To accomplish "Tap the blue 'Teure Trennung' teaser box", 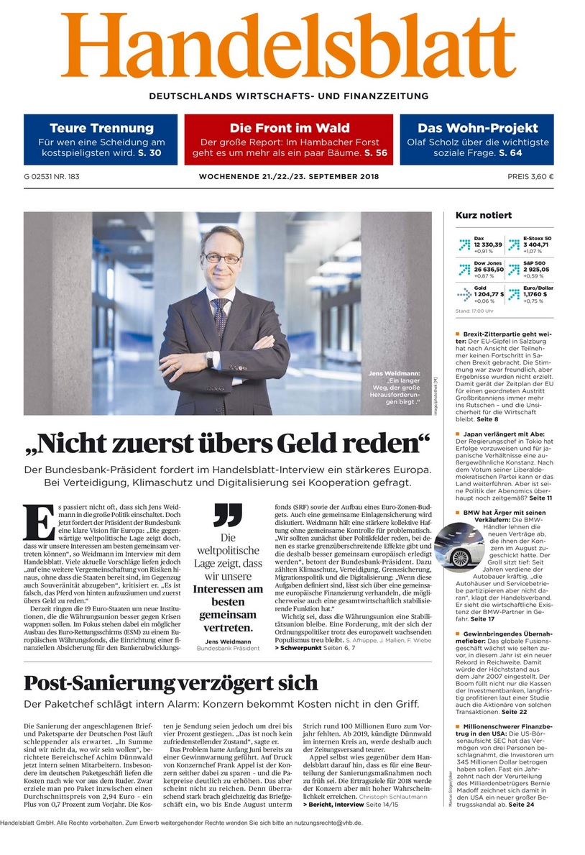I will [101, 140].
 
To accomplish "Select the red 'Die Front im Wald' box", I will [288, 140].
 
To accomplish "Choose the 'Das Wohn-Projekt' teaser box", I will [477, 140].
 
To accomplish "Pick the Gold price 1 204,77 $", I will [489, 294].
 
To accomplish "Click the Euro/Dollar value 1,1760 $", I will [535, 294].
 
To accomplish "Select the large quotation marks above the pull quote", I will [227, 515].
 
